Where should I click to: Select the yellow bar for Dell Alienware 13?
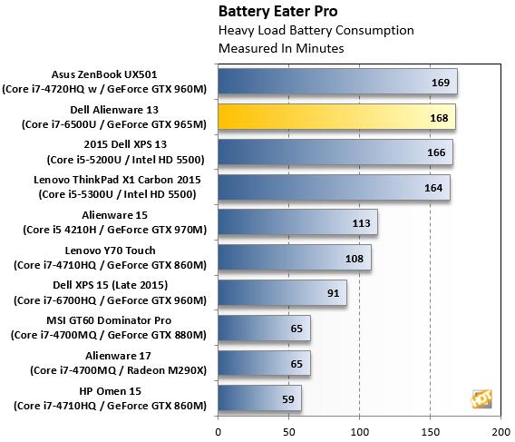(x=336, y=116)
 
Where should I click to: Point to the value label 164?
(x=432, y=188)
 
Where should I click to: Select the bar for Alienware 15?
(x=297, y=222)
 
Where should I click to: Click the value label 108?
(x=354, y=258)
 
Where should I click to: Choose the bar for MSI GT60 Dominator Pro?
(x=264, y=328)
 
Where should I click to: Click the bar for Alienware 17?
(x=264, y=363)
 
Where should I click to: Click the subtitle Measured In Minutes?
(x=268, y=48)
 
